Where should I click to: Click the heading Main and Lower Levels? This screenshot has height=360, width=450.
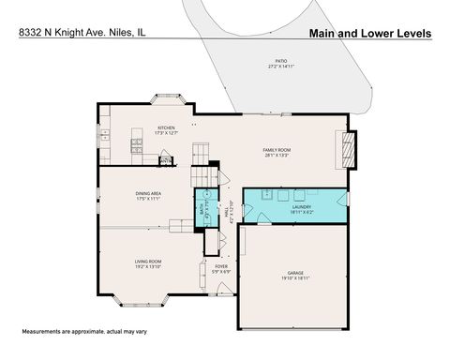point(369,33)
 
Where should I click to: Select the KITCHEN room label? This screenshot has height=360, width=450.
point(167,127)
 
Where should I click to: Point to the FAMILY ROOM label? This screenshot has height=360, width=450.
point(276,150)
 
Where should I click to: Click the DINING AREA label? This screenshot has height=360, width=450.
point(150,194)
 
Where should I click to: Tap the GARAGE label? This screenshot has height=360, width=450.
point(294,273)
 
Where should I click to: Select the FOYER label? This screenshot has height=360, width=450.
point(221,266)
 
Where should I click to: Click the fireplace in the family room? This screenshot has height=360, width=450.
point(348,148)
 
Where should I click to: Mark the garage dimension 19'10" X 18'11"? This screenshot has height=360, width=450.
point(294,278)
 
